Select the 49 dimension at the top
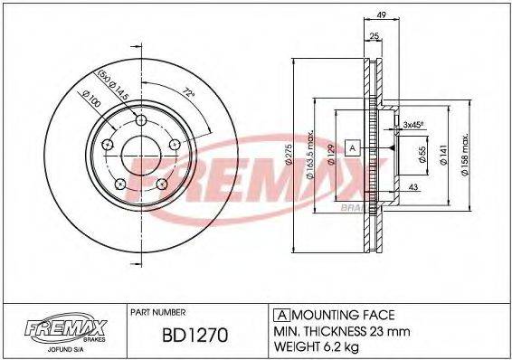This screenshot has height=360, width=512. point(383,14)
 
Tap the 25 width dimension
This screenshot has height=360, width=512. point(372,35)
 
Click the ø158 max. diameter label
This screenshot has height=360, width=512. point(465,155)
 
